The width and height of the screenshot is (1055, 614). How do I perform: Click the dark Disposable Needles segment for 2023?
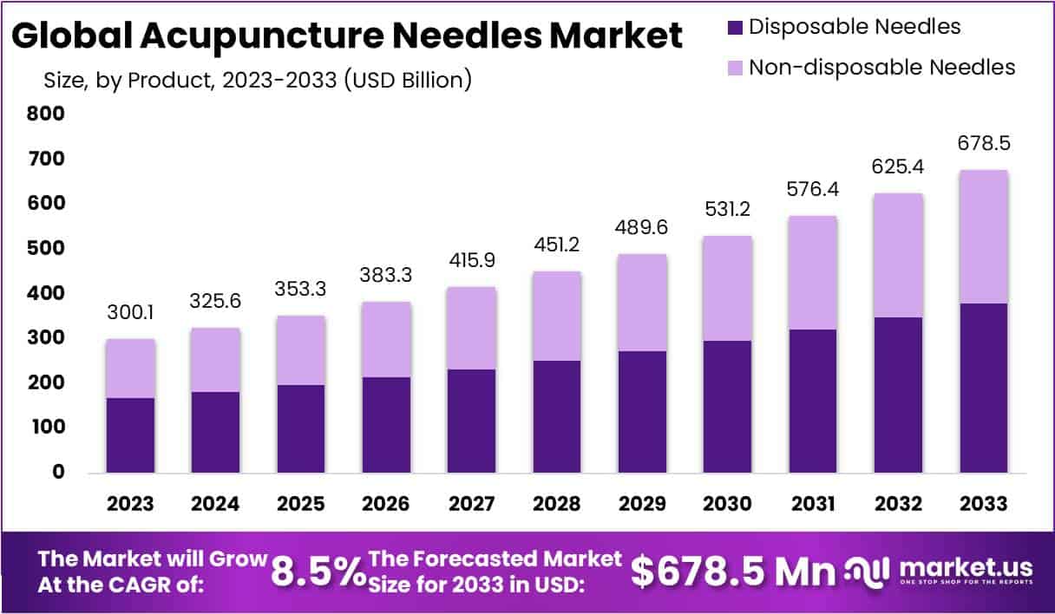130,435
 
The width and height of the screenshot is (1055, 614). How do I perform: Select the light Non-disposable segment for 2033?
983,237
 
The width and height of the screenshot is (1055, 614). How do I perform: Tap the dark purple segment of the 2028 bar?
556,416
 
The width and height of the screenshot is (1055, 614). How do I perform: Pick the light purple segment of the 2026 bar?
386,339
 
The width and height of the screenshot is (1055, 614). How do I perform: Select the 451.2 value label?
556,245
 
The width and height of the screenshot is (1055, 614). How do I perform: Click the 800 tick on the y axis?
45,114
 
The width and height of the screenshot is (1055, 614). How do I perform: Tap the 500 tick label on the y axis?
45,248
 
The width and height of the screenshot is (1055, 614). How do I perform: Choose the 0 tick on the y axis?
57,472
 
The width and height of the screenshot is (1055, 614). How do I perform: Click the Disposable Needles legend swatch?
733,26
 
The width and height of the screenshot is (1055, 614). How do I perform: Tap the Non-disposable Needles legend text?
881,67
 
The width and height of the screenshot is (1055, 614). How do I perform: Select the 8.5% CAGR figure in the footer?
318,572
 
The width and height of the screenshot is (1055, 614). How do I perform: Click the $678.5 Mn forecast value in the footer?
733,572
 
